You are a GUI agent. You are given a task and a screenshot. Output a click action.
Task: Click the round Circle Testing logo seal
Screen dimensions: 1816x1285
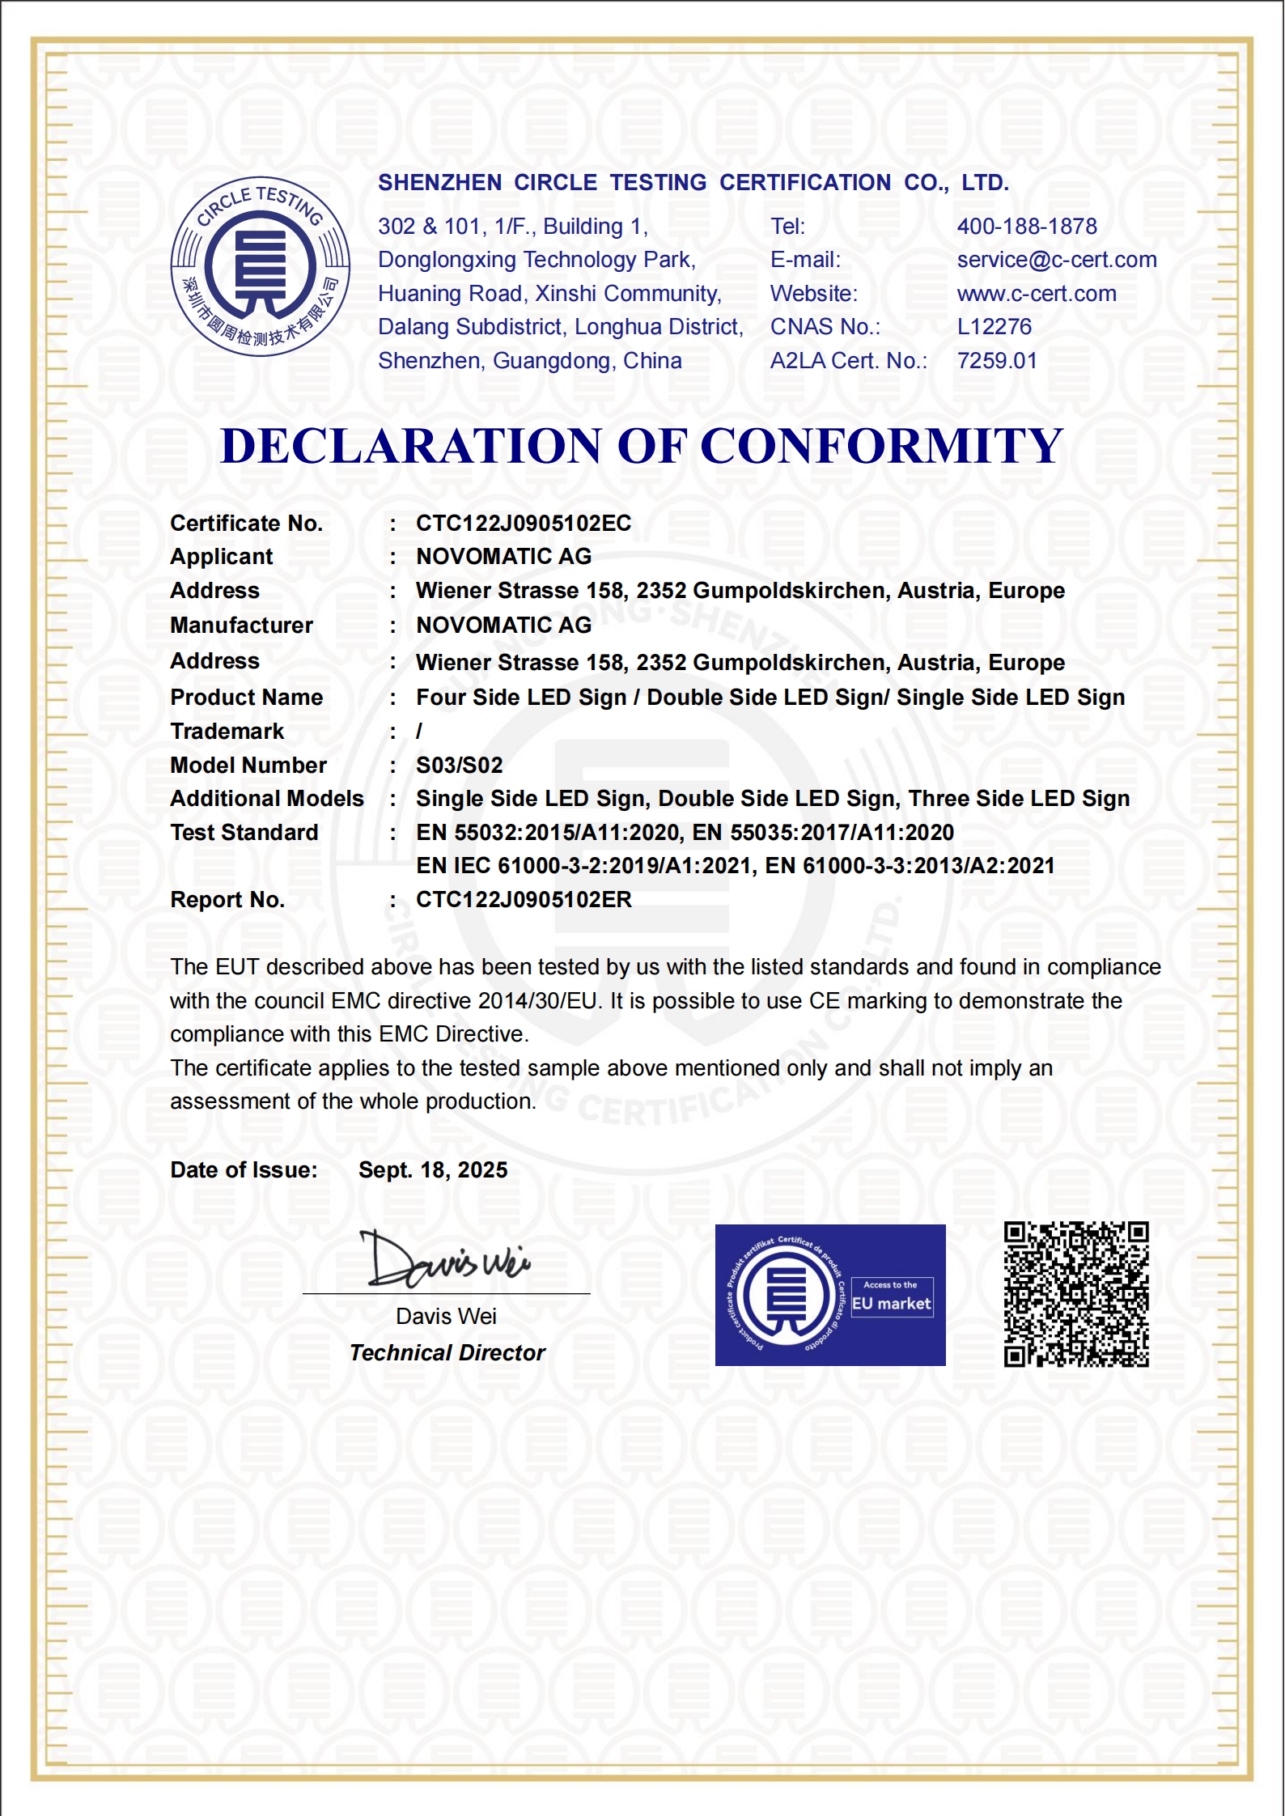coord(260,266)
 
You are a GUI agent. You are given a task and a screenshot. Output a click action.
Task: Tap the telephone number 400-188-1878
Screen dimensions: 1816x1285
coord(1026,227)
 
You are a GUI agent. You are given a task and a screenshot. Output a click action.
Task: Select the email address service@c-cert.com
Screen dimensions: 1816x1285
coord(1056,260)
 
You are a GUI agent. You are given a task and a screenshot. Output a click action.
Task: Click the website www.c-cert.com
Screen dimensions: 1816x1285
coord(1036,294)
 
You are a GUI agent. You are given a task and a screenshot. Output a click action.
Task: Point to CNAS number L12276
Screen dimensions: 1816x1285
coord(994,327)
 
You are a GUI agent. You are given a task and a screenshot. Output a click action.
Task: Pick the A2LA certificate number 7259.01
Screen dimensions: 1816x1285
coord(996,361)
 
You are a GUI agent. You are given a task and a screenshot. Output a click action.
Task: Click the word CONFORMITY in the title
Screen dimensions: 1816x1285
coord(881,446)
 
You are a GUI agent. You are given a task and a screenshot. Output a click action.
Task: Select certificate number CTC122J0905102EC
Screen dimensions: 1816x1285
coord(523,524)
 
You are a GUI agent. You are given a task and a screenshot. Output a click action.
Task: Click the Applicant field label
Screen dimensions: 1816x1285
coord(221,557)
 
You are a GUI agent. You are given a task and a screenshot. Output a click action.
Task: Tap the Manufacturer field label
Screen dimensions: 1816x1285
coord(241,626)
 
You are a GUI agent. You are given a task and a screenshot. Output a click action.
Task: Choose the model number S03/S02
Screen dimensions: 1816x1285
coord(459,766)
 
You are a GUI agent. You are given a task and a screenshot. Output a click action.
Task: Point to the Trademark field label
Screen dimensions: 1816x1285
coord(227,732)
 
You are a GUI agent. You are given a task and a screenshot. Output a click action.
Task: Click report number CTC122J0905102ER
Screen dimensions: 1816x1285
coord(523,900)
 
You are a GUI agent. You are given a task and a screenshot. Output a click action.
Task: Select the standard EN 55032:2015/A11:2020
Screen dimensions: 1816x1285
coord(548,833)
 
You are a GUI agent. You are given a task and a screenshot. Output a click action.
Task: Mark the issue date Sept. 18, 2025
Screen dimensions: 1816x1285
coord(432,1170)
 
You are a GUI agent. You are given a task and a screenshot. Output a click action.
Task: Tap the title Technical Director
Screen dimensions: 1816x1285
coord(447,1353)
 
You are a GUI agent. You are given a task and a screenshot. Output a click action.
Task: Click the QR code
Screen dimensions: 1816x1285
coord(1075,1294)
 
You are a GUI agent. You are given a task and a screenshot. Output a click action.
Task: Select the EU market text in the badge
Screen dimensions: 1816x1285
coord(891,1304)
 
